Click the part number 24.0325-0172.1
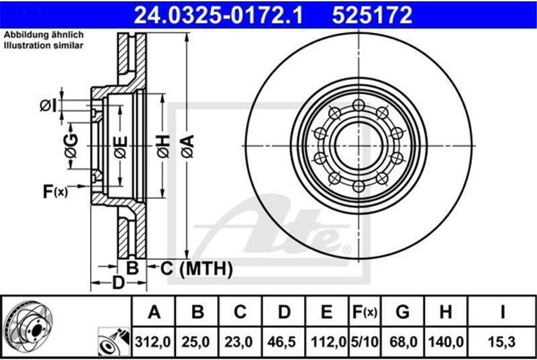click(219, 15)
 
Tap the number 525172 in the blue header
click(372, 15)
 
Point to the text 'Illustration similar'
click(44, 45)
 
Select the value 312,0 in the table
click(153, 342)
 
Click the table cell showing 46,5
click(283, 342)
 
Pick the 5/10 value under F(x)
click(364, 342)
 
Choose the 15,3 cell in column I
click(502, 342)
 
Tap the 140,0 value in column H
click(446, 342)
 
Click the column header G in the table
click(402, 312)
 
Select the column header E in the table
click(327, 312)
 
